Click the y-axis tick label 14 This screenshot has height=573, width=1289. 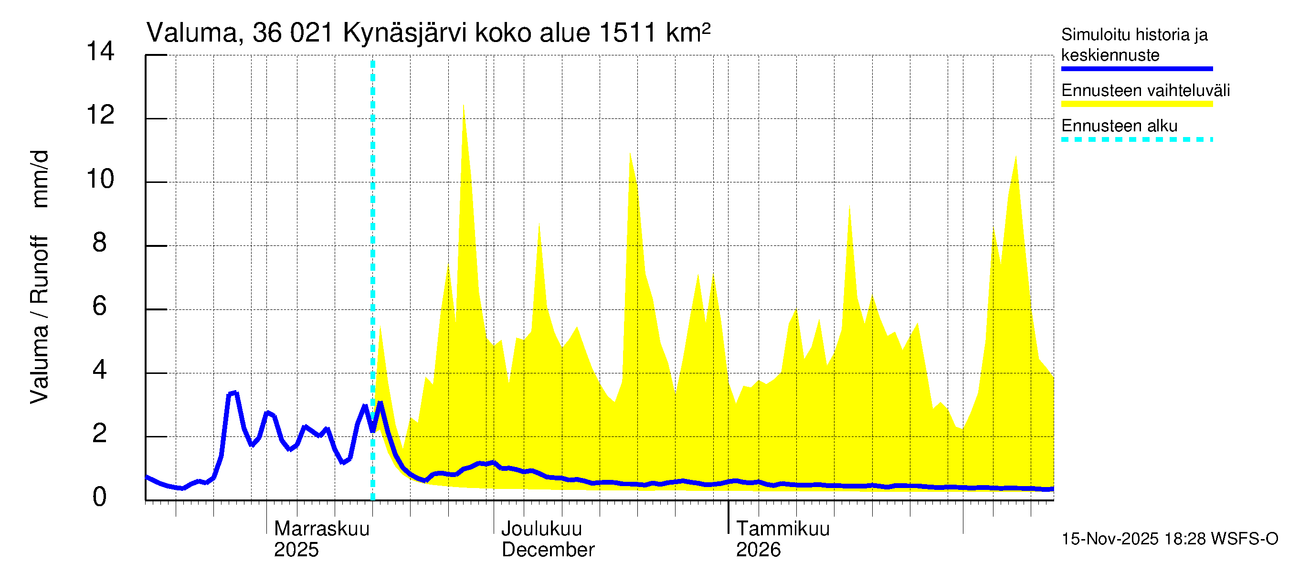click(100, 51)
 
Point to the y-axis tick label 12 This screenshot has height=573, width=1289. click(100, 115)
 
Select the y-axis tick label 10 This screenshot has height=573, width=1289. click(100, 179)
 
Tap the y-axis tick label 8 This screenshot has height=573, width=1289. click(100, 243)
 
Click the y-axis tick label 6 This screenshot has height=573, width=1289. click(100, 306)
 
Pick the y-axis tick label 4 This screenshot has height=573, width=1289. click(100, 371)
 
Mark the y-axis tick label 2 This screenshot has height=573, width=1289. click(100, 434)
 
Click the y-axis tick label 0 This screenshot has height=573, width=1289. click(100, 497)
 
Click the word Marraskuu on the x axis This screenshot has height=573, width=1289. click(322, 529)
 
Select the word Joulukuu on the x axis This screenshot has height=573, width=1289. click(541, 529)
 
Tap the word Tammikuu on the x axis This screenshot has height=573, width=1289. click(783, 529)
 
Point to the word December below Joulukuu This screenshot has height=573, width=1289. click(548, 550)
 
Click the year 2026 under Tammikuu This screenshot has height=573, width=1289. click(758, 550)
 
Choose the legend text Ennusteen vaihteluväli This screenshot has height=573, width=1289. click(1145, 91)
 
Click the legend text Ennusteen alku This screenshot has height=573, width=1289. click(1120, 126)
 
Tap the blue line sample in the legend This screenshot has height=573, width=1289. click(1137, 69)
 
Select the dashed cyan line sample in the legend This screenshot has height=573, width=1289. click(1137, 139)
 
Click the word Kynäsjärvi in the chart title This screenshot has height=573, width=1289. click(404, 33)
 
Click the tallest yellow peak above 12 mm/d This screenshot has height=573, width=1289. click(464, 106)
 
